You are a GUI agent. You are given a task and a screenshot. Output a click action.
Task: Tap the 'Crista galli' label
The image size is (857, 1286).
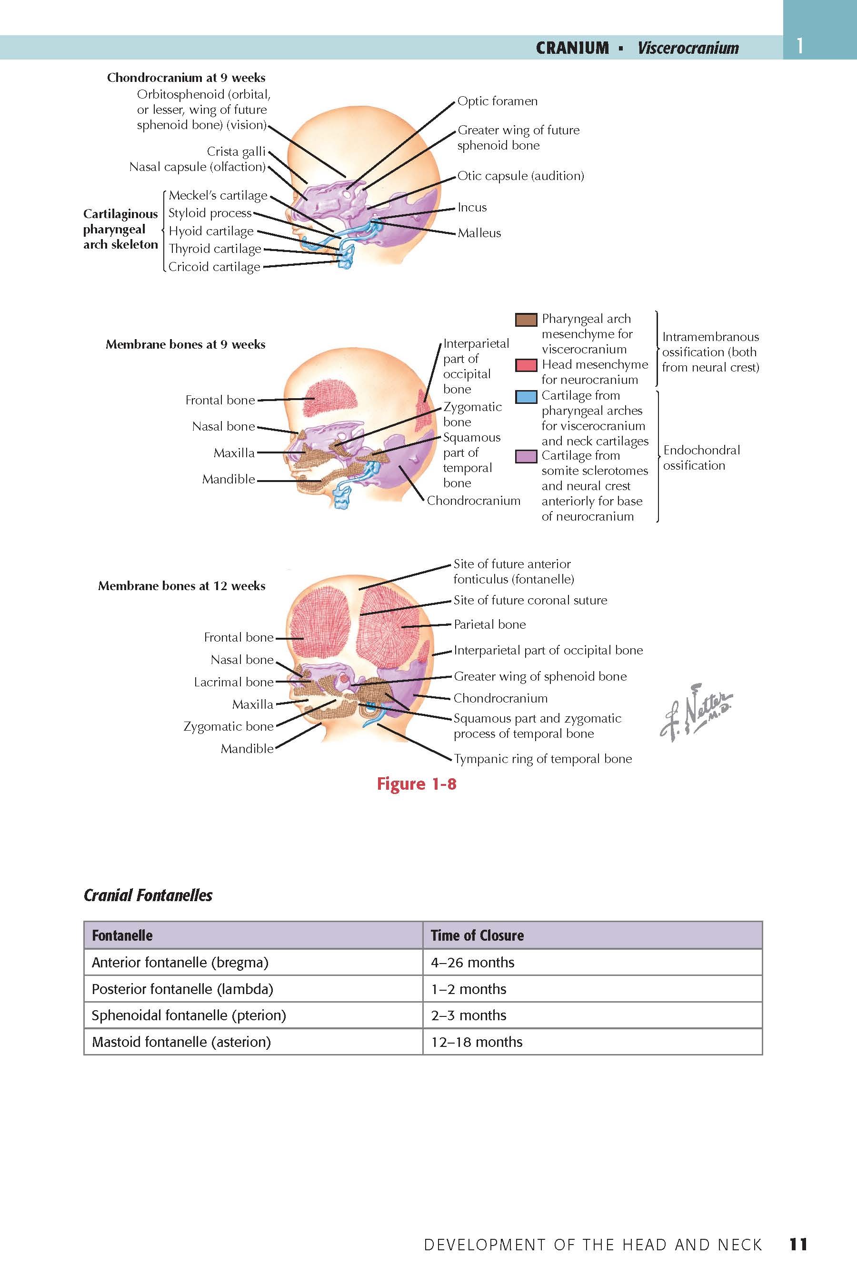pos(236,151)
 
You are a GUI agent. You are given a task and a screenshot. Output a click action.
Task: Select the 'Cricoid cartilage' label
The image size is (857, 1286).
pos(214,267)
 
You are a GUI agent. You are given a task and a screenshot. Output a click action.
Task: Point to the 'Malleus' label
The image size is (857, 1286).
pos(479,233)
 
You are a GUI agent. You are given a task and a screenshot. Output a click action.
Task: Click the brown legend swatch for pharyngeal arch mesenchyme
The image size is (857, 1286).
pos(526,319)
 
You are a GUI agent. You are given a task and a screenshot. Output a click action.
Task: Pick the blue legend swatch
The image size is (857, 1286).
pos(526,396)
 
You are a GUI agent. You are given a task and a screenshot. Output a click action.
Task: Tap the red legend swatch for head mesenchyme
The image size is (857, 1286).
pos(526,365)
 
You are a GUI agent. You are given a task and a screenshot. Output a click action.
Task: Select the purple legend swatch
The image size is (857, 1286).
pos(526,456)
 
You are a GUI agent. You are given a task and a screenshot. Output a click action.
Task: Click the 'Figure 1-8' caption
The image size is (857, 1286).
pos(416,784)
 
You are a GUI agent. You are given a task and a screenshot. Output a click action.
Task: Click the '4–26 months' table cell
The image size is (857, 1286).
pos(472,962)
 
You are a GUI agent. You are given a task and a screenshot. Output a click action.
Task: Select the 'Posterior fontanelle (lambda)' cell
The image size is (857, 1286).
pos(182,989)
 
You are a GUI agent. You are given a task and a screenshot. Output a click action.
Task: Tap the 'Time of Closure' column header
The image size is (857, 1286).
pos(477,935)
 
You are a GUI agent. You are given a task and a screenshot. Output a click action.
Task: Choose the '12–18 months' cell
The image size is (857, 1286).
pos(476,1042)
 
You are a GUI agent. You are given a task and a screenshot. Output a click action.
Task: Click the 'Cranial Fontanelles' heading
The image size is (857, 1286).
pos(148,895)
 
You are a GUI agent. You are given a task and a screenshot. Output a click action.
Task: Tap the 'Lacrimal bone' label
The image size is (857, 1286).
pos(233,682)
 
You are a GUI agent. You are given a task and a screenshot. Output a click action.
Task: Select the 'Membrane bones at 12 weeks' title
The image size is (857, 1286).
pos(181,586)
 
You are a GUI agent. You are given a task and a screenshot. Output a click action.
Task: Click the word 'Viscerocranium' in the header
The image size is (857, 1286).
pos(688,48)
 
